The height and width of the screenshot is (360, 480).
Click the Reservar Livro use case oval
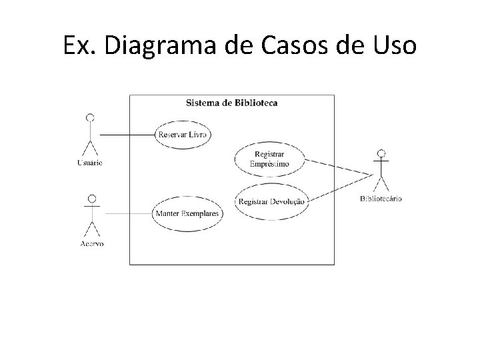(x=182, y=135)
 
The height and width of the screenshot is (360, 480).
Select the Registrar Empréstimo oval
(x=269, y=159)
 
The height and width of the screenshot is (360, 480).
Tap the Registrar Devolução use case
(x=272, y=201)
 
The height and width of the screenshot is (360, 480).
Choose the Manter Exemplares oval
(x=187, y=213)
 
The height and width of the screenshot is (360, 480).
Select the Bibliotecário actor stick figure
(x=381, y=172)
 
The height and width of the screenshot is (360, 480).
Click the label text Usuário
(x=89, y=163)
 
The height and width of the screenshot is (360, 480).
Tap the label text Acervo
(x=92, y=243)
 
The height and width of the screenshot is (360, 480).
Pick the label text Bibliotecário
(x=381, y=199)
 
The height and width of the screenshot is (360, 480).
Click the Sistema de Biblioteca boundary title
(x=231, y=103)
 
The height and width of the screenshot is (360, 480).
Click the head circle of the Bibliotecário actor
(x=381, y=154)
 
